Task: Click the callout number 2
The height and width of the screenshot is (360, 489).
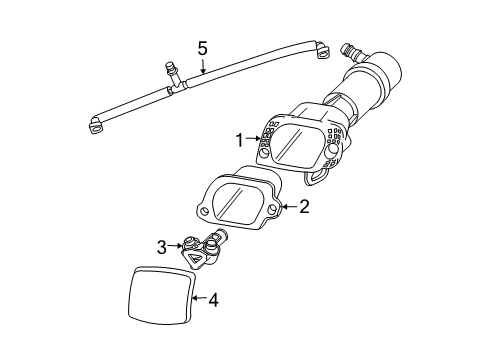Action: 304,208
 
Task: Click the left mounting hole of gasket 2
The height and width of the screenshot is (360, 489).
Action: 203,211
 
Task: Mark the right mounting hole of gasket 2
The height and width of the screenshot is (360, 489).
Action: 271,208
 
